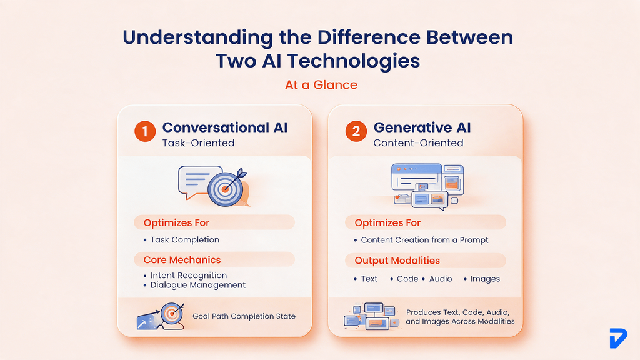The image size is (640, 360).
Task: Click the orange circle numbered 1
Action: coord(145,131)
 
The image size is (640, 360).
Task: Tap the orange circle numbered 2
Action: coord(356,131)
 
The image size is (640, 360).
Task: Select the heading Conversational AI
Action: coord(225,127)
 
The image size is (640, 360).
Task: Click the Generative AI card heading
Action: coord(422,127)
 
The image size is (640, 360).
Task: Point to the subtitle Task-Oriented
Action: coord(198,143)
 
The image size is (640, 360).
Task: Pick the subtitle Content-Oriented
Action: coord(418,143)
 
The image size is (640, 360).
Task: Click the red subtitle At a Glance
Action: coord(321,85)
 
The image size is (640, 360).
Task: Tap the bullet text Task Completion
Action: coord(184,240)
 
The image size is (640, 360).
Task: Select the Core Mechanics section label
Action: coord(182,260)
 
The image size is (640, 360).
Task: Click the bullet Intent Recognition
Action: coord(189,276)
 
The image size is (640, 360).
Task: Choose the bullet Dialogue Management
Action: coord(198,285)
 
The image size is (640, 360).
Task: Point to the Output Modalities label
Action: coord(397,261)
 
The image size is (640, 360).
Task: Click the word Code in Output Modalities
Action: coord(407,279)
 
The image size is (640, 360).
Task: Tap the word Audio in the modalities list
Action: coord(441,279)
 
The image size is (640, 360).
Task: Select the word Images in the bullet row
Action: coord(485,279)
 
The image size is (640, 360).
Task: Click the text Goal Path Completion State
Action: coord(244,316)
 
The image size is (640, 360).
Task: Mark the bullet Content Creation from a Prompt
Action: coord(424,240)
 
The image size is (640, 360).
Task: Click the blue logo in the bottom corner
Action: coord(618,338)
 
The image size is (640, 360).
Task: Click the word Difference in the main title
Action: coord(369,37)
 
